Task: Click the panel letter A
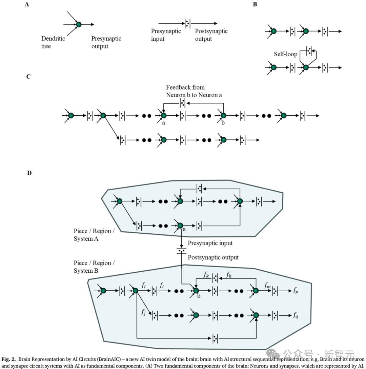coord(27,5)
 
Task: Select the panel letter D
coord(29,173)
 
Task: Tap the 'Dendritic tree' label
coord(53,42)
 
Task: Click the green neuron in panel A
coord(79,24)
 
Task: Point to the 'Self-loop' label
coord(285,54)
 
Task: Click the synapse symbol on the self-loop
coord(308,52)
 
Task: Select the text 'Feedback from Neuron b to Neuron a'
coord(194,91)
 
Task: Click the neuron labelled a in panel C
coord(164,116)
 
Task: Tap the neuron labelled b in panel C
coord(223,116)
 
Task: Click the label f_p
coord(296,291)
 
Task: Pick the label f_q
coord(296,315)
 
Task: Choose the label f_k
coord(206,275)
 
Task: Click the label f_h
coord(229,274)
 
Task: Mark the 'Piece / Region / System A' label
coord(94,235)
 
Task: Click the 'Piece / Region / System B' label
coord(94,267)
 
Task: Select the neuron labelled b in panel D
coord(196,291)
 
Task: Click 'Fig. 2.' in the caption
coord(9,359)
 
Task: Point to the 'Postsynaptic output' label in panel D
coord(213,257)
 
